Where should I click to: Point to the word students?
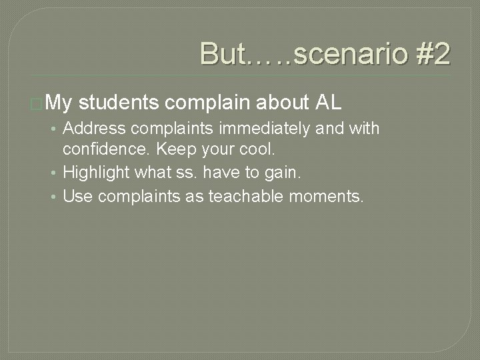pos(118,103)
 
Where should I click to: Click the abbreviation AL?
pos(329,103)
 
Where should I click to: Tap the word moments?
pos(326,197)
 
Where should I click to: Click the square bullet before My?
pos(36,104)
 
